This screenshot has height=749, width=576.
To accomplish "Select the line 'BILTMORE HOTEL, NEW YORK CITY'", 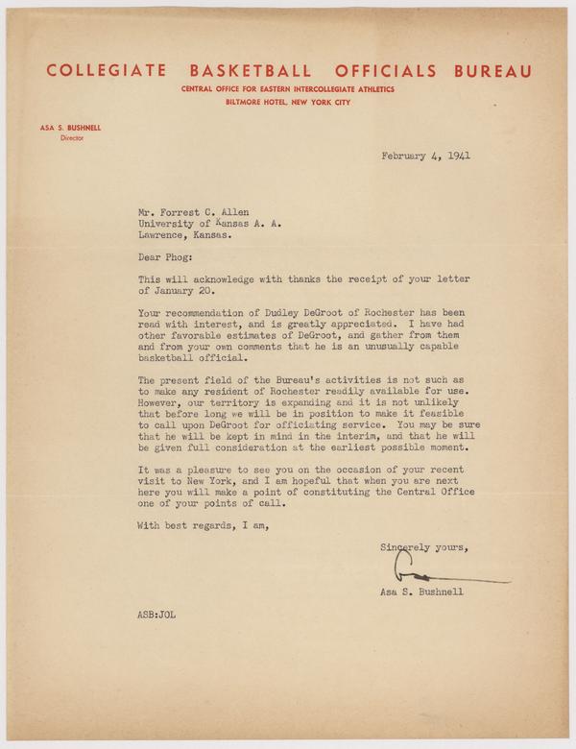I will (288, 101).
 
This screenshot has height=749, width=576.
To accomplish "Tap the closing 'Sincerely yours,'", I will (423, 547).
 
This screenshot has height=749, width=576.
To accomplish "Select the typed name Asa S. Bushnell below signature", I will (421, 592).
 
